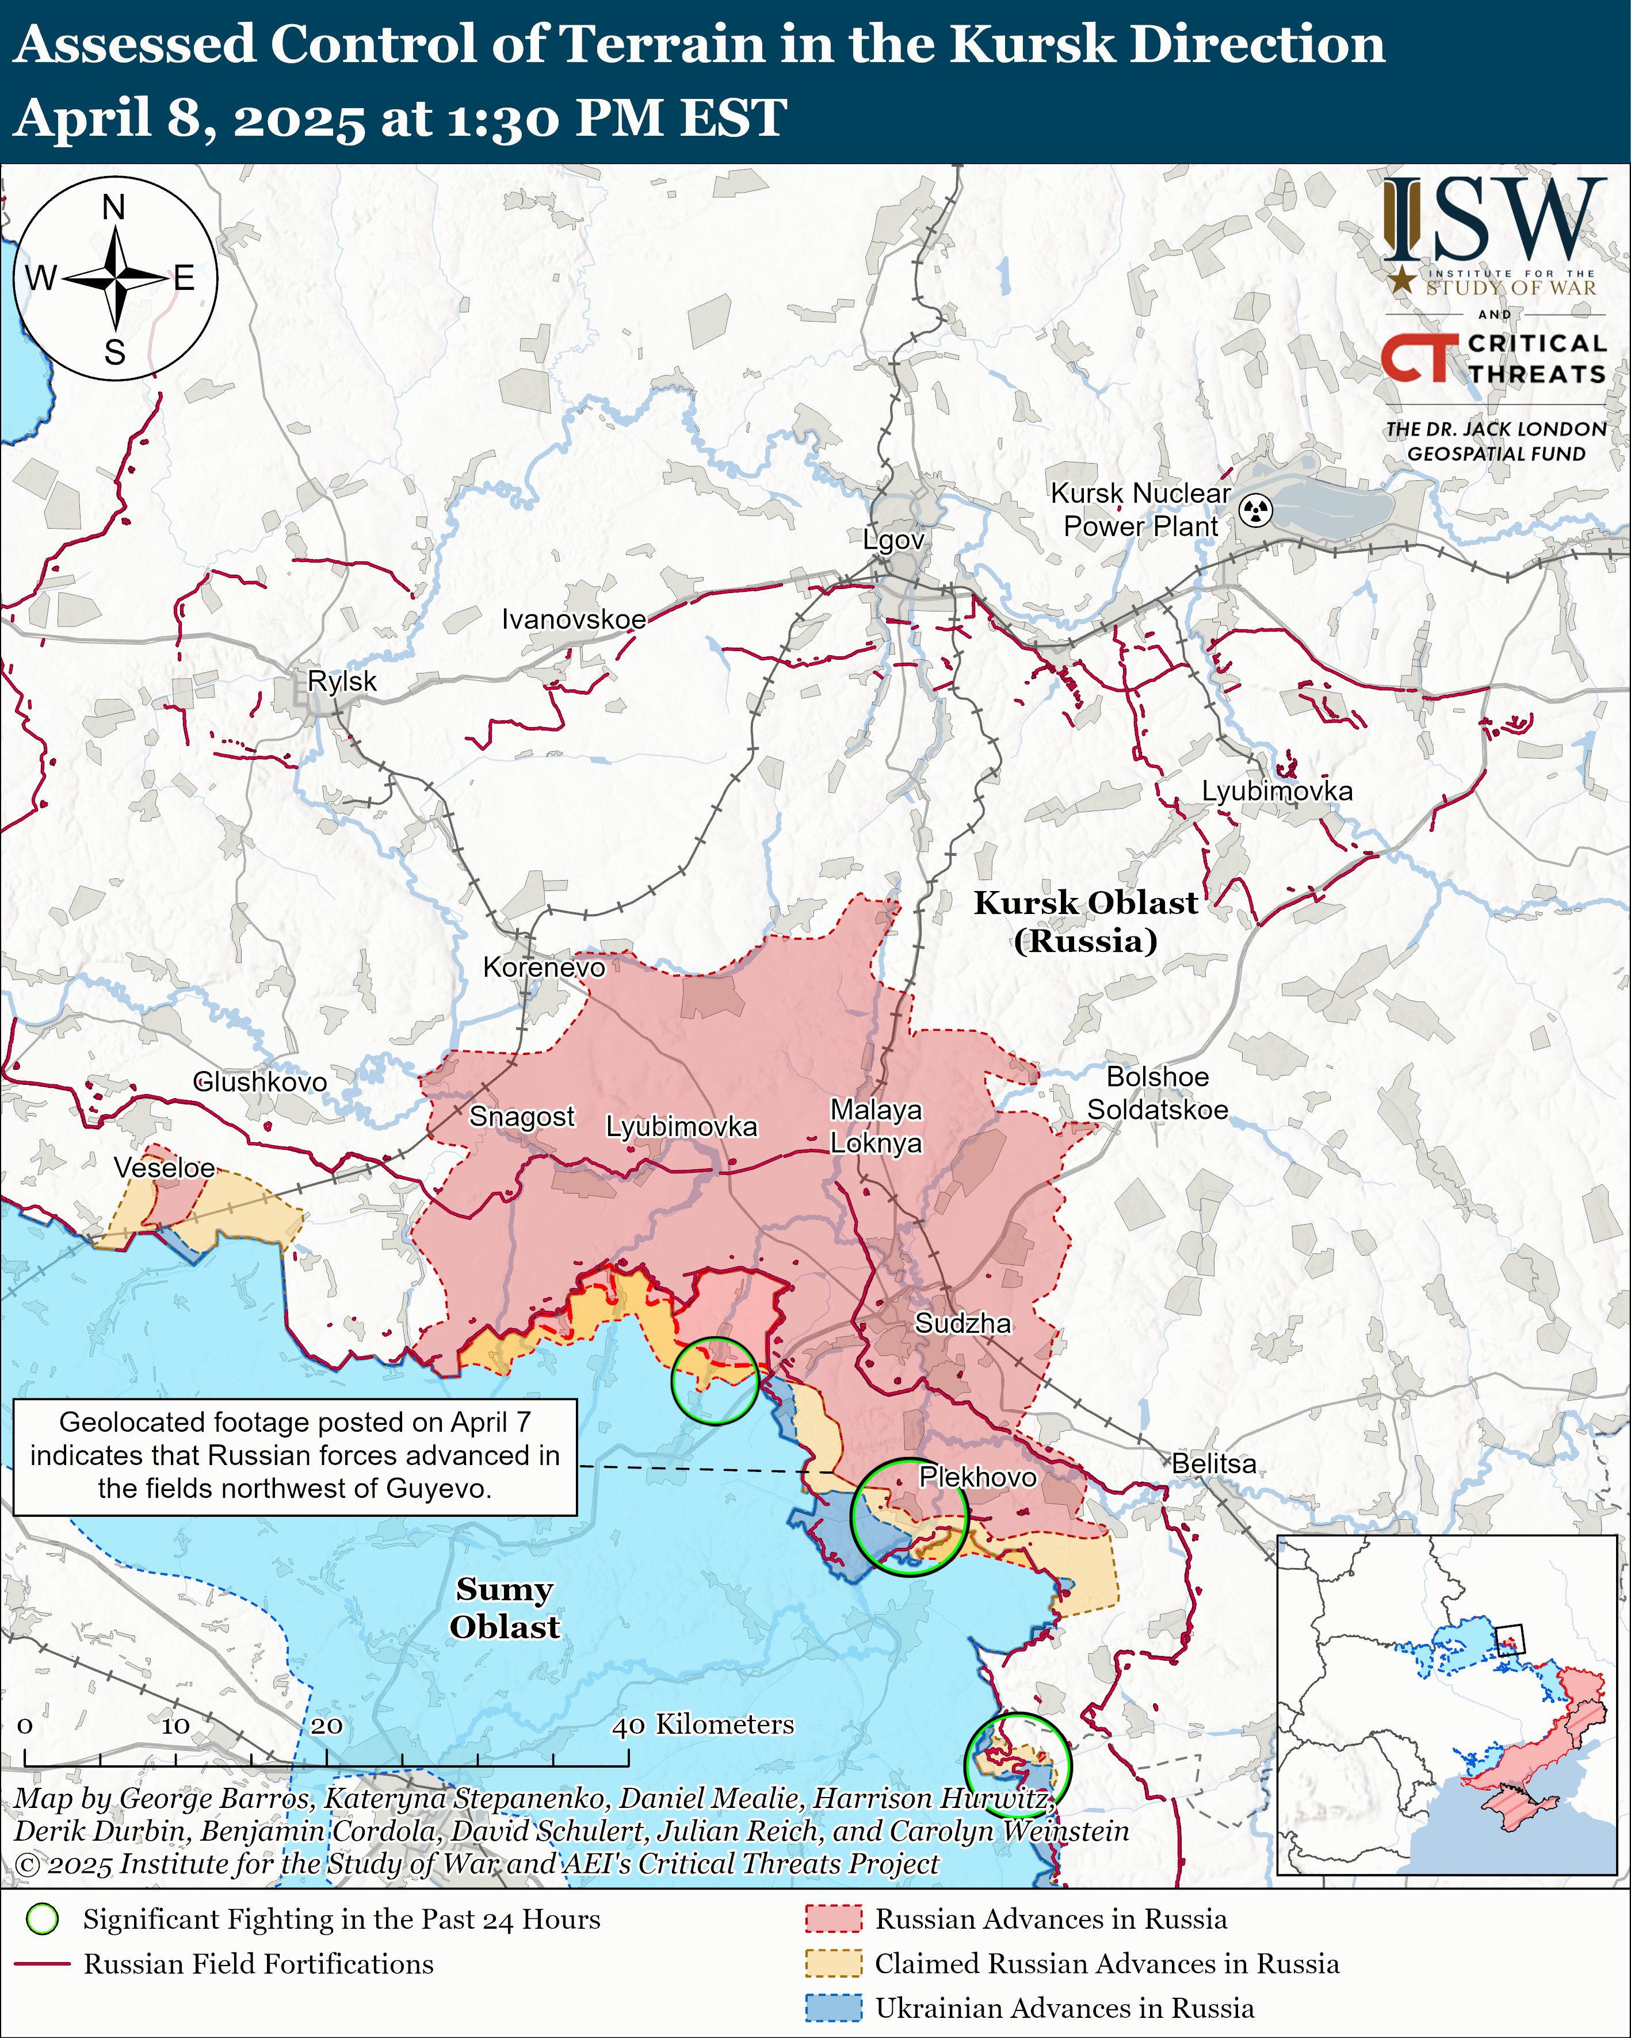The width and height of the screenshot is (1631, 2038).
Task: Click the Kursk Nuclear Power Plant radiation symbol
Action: (x=1256, y=510)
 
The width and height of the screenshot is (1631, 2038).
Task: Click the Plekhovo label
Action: (x=977, y=1477)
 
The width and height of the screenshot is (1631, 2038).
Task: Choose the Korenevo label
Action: (x=544, y=967)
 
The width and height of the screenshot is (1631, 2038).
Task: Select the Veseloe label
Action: (x=165, y=1168)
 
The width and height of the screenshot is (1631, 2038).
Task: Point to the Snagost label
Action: (x=522, y=1116)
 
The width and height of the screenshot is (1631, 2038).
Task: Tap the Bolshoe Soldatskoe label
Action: (x=1158, y=1093)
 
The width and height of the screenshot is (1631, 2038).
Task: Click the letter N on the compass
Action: (x=113, y=207)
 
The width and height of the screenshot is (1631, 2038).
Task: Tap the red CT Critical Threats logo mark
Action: (x=1418, y=358)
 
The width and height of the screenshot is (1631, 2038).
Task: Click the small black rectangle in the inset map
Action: (x=1510, y=1640)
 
